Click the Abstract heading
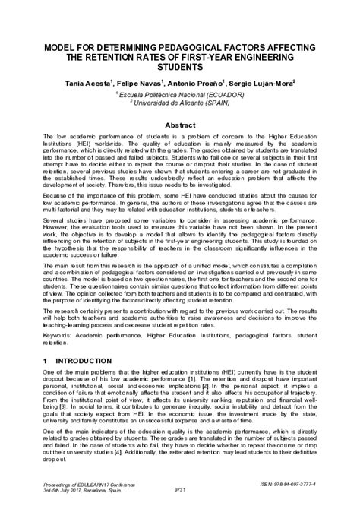pyautogui.click(x=180, y=123)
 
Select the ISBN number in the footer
pyautogui.click(x=286, y=483)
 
